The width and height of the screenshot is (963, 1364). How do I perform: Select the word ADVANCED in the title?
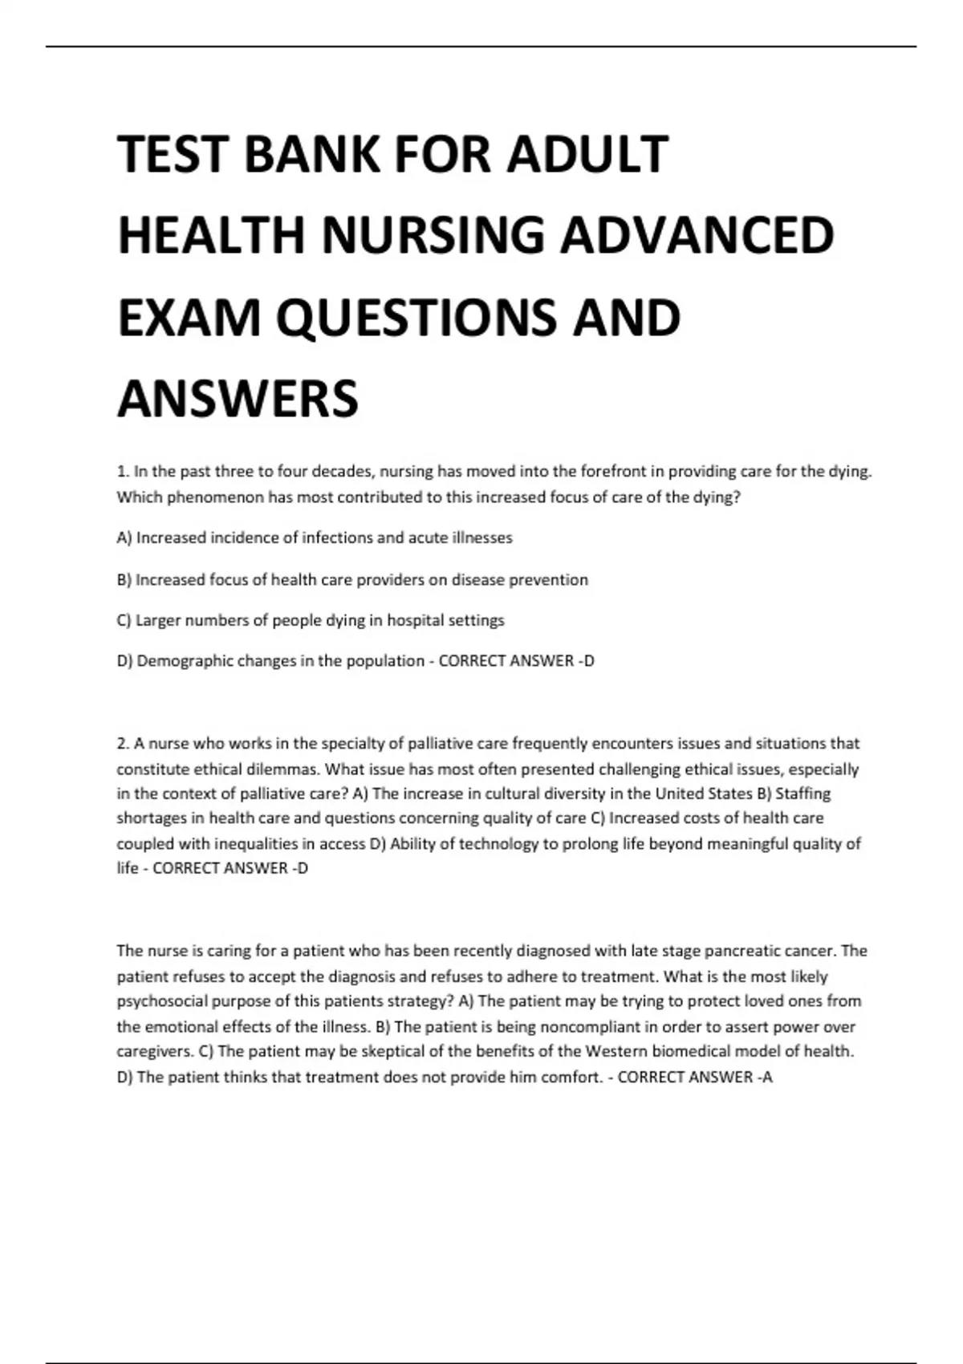[697, 235]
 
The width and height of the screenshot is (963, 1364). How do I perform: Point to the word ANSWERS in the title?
[238, 399]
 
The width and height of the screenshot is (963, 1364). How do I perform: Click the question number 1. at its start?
[123, 471]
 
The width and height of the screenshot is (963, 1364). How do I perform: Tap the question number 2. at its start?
[123, 744]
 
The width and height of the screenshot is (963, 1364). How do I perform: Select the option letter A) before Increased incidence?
[124, 538]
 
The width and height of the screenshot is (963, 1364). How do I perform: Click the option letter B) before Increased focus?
[124, 579]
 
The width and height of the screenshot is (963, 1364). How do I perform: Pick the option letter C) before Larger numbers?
[124, 620]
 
